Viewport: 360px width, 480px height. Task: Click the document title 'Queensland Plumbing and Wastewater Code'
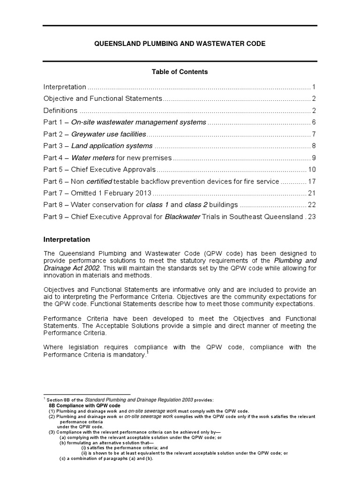click(x=180, y=43)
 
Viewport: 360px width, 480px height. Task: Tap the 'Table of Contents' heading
click(x=180, y=72)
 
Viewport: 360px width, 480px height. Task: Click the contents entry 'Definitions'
click(x=60, y=111)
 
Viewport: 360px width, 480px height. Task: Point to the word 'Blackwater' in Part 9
click(x=183, y=217)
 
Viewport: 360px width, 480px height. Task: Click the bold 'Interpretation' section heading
click(x=67, y=240)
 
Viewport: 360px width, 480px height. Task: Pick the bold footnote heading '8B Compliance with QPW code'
click(x=85, y=405)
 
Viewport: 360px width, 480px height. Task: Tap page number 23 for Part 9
click(x=312, y=217)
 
